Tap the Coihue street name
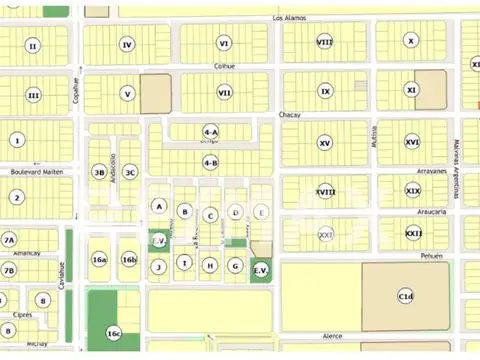pyautogui.click(x=225, y=66)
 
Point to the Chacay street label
pyautogui.click(x=290, y=115)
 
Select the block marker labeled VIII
pyautogui.click(x=325, y=42)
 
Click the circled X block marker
pyautogui.click(x=411, y=41)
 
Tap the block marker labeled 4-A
pyautogui.click(x=210, y=131)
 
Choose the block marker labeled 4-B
pyautogui.click(x=210, y=162)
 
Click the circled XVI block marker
pyautogui.click(x=412, y=142)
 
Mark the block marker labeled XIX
pyautogui.click(x=413, y=190)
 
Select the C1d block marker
pyautogui.click(x=405, y=296)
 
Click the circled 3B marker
pyautogui.click(x=99, y=172)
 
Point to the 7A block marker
pyautogui.click(x=9, y=240)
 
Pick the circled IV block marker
pyautogui.click(x=126, y=44)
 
